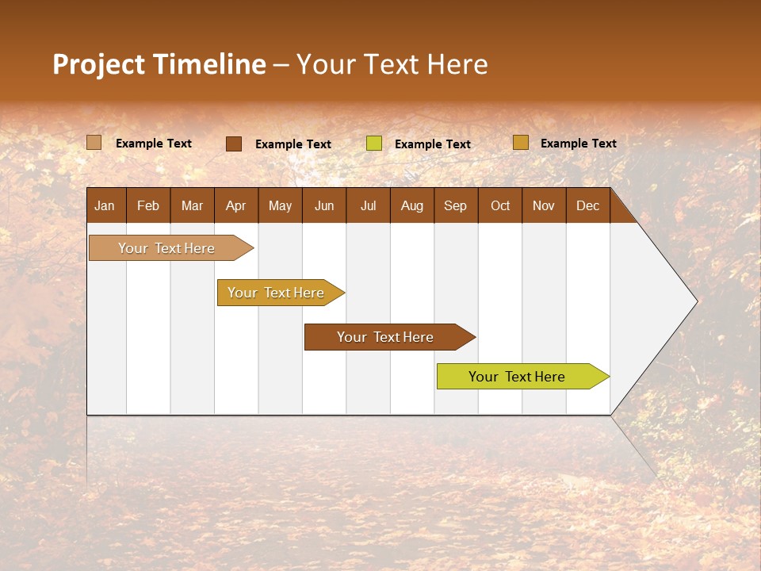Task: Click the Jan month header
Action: point(105,205)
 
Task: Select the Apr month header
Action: point(236,205)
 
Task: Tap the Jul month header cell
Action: point(368,205)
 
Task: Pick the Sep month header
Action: point(456,205)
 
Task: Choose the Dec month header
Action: point(587,205)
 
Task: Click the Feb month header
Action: point(148,205)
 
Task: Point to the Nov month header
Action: point(544,205)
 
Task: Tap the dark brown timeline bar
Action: point(386,337)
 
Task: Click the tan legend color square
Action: point(94,143)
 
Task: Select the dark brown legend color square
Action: point(233,144)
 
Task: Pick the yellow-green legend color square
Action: point(374,144)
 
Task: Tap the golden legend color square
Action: point(520,143)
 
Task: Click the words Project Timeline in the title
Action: point(159,64)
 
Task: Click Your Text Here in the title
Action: point(392,64)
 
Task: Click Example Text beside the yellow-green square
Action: point(433,144)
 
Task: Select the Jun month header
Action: point(324,205)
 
